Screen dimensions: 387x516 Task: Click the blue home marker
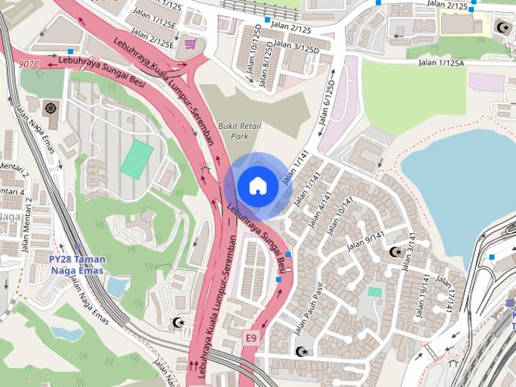point(257,186)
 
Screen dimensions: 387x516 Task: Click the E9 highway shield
point(251,337)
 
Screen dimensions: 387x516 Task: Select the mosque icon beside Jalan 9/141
point(395,252)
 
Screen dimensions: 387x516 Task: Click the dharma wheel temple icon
point(52,108)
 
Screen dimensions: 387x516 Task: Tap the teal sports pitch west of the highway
point(137,159)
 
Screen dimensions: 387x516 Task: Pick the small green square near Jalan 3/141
point(374,292)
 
